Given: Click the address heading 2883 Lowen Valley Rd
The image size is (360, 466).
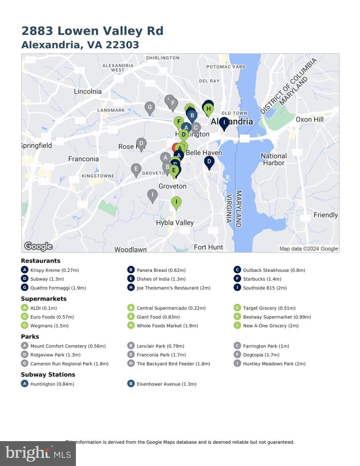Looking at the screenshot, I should pyautogui.click(x=92, y=31).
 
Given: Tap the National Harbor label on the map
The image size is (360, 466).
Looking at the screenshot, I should pyautogui.click(x=273, y=159).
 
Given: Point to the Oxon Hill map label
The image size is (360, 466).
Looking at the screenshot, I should pyautogui.click(x=309, y=119).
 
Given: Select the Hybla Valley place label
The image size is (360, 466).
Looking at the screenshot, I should pyautogui.click(x=175, y=223).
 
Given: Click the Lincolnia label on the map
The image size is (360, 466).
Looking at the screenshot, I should pyautogui.click(x=88, y=91).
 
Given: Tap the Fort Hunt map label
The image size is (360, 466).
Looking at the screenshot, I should pyautogui.click(x=208, y=247).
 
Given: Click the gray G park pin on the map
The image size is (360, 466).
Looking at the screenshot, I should pyautogui.click(x=149, y=107).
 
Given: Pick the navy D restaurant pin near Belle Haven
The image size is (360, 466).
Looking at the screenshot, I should pyautogui.click(x=209, y=162).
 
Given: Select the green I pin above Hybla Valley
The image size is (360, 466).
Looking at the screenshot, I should pyautogui.click(x=176, y=202).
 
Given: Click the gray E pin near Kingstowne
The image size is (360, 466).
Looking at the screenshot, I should pyautogui.click(x=136, y=169).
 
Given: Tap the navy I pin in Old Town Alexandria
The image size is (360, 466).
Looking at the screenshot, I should pyautogui.click(x=224, y=123).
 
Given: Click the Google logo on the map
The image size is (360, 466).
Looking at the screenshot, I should pyautogui.click(x=38, y=246).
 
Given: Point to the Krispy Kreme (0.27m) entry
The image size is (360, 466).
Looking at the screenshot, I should pyautogui.click(x=54, y=270).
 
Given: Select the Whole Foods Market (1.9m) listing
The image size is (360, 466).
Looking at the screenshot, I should pyautogui.click(x=167, y=326).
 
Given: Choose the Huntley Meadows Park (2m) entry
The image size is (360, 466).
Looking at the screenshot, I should pyautogui.click(x=274, y=363).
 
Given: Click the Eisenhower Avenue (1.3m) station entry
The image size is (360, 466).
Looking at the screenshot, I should pyautogui.click(x=166, y=384).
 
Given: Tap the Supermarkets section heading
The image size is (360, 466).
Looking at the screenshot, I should pyautogui.click(x=44, y=299).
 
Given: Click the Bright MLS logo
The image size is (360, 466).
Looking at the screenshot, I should pyautogui.click(x=38, y=453).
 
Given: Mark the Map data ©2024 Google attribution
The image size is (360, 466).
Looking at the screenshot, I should pyautogui.click(x=308, y=249).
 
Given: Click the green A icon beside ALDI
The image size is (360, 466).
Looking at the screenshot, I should pyautogui.click(x=25, y=308).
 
